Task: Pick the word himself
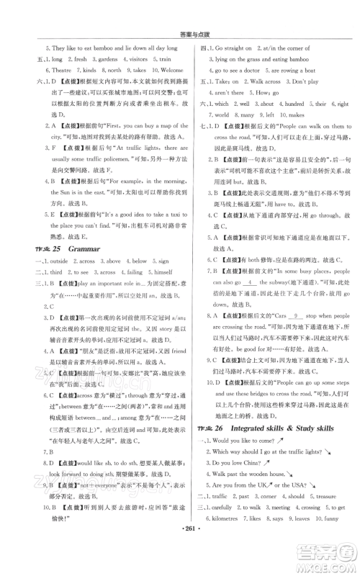pyautogui.click(x=154, y=273)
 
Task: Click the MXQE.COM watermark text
pyautogui.click(x=321, y=557)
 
